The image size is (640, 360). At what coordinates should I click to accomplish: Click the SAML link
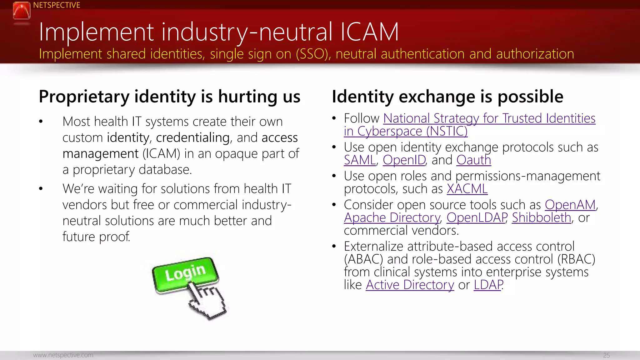360,160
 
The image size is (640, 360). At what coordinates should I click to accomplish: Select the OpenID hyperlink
404,160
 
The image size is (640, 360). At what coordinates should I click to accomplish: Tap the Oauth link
473,160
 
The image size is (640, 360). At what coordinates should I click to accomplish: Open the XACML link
467,189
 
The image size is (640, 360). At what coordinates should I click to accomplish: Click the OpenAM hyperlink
570,205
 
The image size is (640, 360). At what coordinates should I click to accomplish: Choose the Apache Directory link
392,218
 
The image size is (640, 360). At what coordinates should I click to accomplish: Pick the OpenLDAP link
477,218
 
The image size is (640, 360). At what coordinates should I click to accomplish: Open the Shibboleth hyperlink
541,218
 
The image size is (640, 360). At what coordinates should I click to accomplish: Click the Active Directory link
410,285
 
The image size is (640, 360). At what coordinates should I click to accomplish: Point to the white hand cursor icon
207,302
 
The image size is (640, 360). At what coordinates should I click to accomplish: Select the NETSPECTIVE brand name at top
57,5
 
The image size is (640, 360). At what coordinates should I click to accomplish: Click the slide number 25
606,355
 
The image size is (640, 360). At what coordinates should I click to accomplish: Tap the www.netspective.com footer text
63,355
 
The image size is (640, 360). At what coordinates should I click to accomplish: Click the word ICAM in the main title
369,32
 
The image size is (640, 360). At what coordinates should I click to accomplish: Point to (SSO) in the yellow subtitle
313,54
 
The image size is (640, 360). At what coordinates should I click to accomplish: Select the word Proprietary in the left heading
84,97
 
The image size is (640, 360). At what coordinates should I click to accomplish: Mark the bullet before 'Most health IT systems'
41,122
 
